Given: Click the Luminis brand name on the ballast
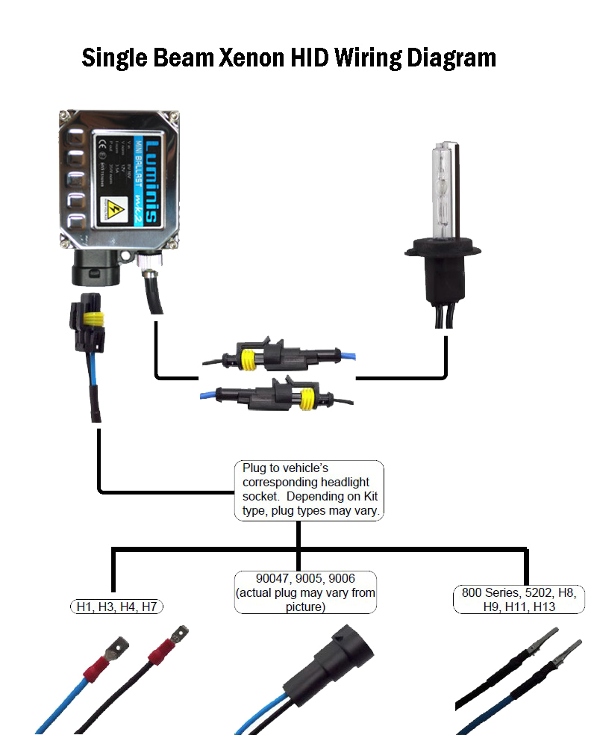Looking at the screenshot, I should click(150, 179).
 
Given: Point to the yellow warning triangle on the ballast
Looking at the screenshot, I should click(116, 207).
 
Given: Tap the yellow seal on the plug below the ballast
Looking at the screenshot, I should click(93, 320).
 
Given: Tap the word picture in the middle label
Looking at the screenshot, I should click(306, 607).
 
